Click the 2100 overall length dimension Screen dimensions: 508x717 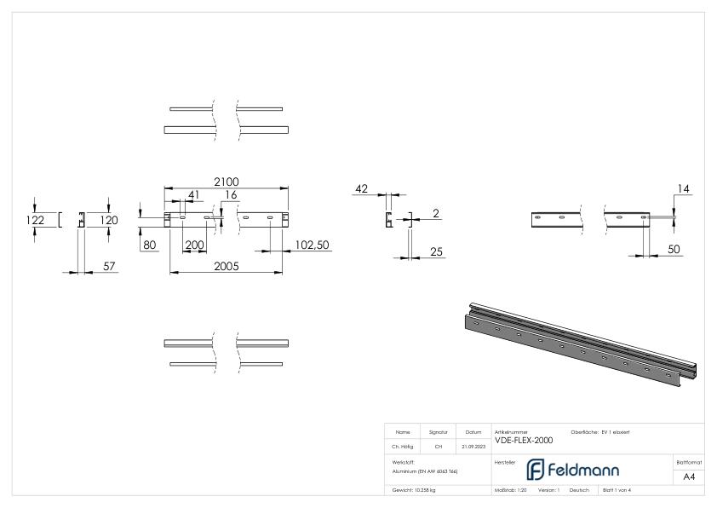(x=226, y=181)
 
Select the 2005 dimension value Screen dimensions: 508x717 (x=226, y=266)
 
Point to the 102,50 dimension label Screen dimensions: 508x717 (x=312, y=245)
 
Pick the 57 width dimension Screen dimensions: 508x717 (x=109, y=267)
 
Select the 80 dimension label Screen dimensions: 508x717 (x=150, y=245)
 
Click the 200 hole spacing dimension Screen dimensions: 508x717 (x=194, y=245)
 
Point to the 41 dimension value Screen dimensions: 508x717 (x=194, y=195)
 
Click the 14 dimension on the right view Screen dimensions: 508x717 (x=681, y=188)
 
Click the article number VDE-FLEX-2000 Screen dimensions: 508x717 (x=523, y=441)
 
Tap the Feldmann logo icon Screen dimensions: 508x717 (x=535, y=470)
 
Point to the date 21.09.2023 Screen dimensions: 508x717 (x=473, y=446)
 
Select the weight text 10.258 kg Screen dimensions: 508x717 (x=416, y=490)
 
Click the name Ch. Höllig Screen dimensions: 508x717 (x=403, y=446)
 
